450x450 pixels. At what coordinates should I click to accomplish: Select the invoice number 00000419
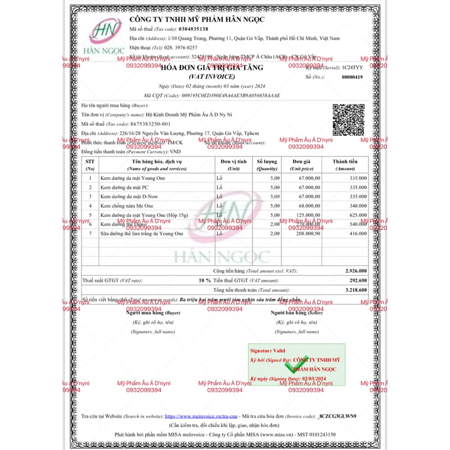click(352, 77)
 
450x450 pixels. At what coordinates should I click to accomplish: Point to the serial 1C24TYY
click(352, 67)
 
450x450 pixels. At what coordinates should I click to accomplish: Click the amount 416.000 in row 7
click(358, 233)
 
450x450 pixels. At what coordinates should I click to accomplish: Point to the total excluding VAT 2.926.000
click(355, 271)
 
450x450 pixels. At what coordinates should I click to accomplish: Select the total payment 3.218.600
click(355, 290)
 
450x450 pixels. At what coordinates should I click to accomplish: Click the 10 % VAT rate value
click(205, 280)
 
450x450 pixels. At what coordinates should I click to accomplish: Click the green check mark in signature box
click(293, 367)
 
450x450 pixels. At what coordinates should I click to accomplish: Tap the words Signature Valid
click(272, 350)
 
